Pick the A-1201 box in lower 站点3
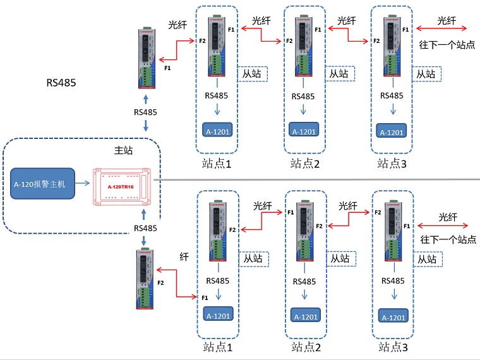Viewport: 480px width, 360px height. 392,317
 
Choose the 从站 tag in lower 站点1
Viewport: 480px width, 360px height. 253,258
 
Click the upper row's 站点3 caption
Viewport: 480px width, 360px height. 392,163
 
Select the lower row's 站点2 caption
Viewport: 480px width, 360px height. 306,347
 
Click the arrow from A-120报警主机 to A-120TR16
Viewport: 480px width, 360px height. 84,183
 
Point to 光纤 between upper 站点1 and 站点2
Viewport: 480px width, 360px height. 261,21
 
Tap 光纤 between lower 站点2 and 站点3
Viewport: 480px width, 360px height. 348,206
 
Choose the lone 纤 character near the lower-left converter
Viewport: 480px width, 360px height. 184,256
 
